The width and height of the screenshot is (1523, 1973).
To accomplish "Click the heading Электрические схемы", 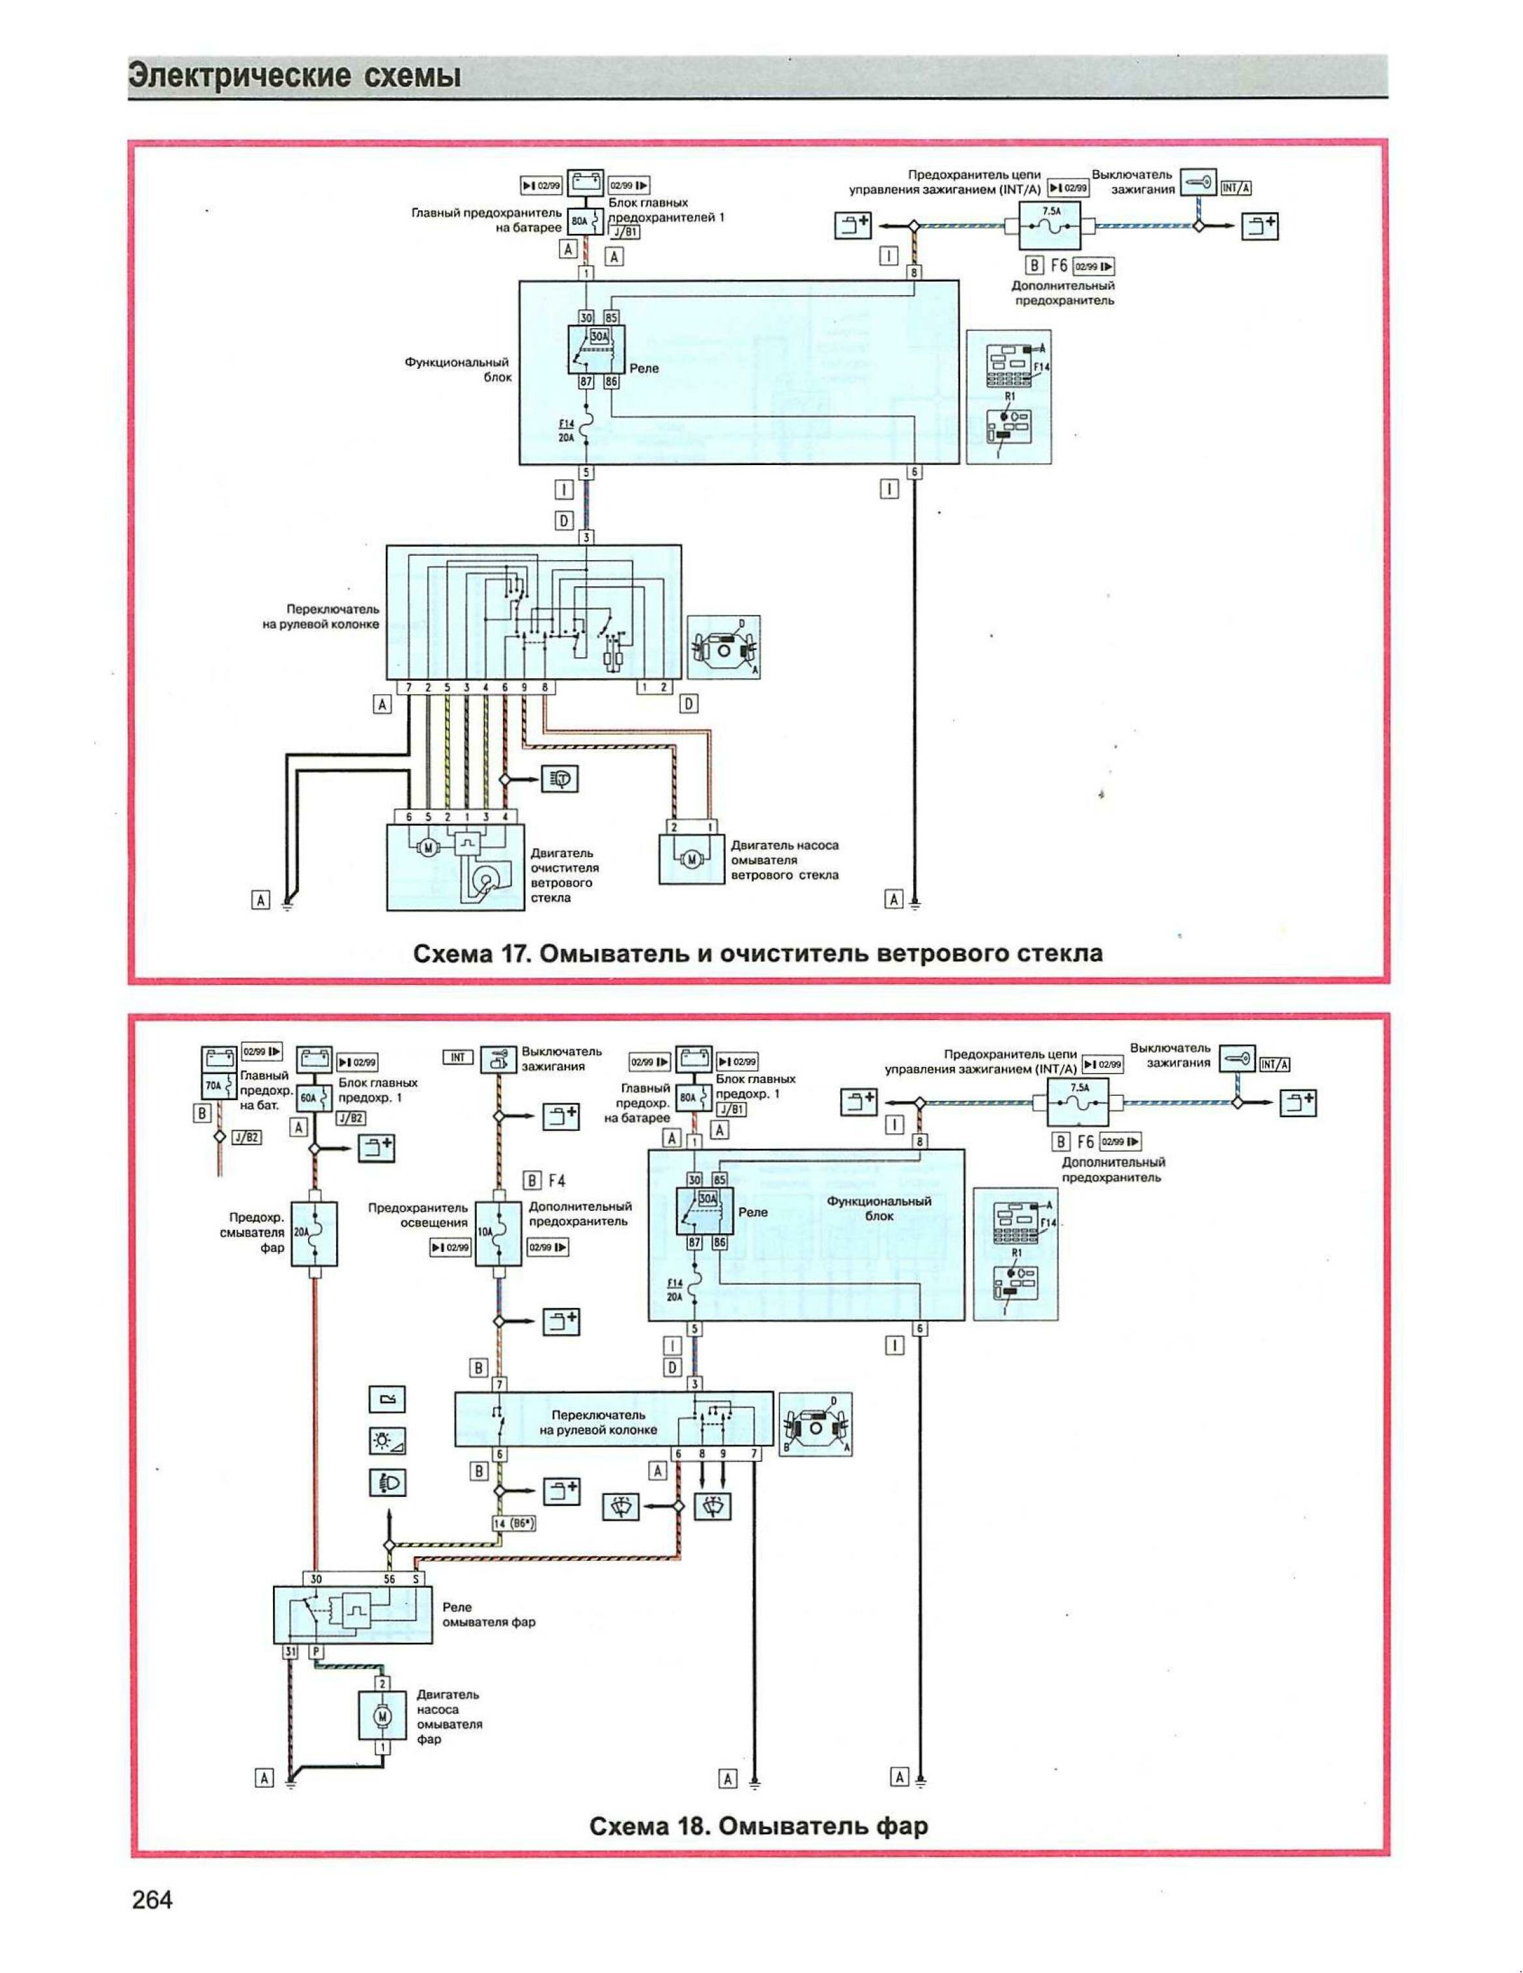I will click(x=294, y=76).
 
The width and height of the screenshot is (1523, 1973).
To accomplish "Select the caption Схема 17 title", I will click(x=757, y=953).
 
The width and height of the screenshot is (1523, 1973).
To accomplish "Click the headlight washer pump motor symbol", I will click(x=382, y=1714).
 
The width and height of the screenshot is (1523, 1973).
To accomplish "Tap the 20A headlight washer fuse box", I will click(x=315, y=1233).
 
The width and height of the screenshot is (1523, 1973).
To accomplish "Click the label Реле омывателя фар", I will click(x=488, y=1614).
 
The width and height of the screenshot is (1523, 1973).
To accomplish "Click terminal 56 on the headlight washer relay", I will click(x=390, y=1578).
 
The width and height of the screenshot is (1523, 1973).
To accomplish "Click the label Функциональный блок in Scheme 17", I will click(x=457, y=369).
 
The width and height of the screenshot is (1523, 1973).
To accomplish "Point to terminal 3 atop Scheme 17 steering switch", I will click(x=587, y=537).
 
